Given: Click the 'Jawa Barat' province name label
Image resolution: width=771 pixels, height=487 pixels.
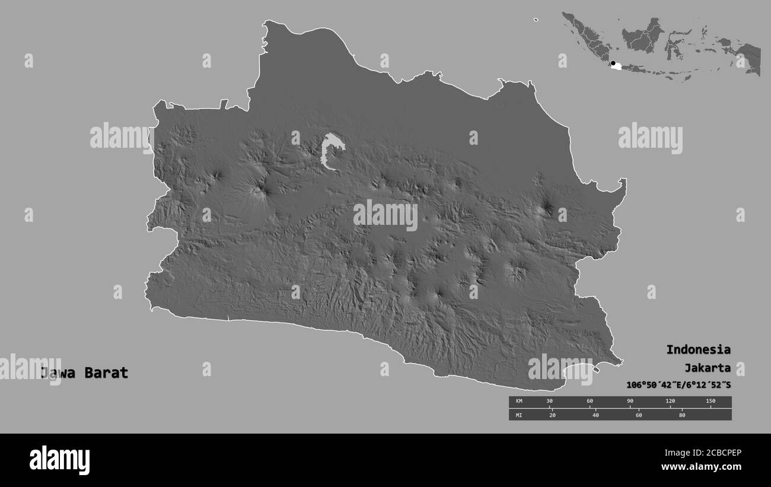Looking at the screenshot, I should (x=84, y=373).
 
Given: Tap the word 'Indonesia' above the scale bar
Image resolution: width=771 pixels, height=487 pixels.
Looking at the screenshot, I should (x=698, y=349).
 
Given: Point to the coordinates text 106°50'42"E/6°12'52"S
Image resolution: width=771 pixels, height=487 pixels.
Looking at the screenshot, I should (x=678, y=385).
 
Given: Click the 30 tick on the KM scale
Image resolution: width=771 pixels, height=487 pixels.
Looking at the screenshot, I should (x=550, y=402).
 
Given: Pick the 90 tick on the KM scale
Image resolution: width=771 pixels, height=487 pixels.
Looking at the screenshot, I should (x=630, y=402).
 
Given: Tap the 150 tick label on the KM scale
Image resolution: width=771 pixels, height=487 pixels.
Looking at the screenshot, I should (x=711, y=402).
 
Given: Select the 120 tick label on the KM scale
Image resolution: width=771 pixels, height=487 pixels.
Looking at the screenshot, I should (x=670, y=402).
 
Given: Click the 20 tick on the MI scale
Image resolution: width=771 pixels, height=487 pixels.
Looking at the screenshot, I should (x=553, y=415).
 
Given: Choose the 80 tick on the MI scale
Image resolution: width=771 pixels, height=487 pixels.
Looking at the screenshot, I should (x=682, y=415).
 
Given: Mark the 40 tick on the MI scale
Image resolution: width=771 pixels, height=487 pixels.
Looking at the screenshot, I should (x=595, y=415).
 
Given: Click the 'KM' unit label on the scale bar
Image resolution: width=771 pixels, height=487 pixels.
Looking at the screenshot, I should (x=518, y=402).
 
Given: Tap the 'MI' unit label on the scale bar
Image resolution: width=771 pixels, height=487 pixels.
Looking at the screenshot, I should (x=518, y=415).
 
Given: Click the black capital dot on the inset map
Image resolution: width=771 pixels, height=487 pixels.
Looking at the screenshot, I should (x=613, y=62).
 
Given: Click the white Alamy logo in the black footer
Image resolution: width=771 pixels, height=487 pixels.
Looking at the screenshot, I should (x=59, y=460).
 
